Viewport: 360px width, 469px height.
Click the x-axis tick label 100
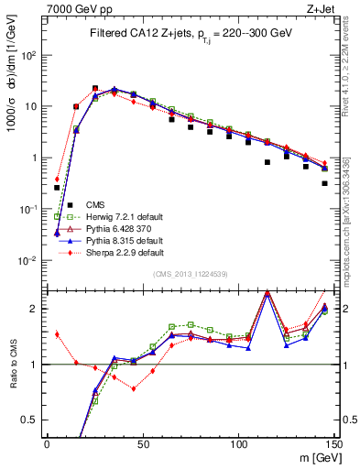pos(238,444)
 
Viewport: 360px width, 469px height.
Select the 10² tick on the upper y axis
pos(32,55)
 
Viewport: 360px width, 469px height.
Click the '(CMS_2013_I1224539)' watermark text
pos(190,274)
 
